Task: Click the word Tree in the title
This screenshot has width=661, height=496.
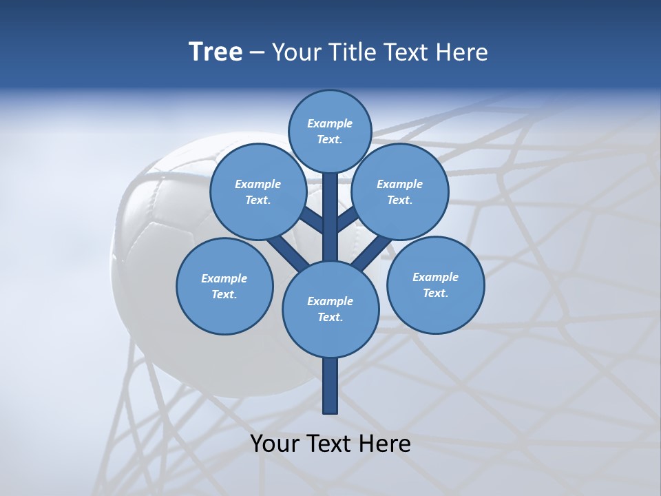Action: tap(216, 52)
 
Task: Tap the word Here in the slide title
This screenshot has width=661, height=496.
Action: tap(463, 52)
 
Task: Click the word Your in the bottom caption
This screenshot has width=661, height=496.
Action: tap(275, 444)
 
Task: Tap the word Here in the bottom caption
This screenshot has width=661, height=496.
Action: tap(386, 444)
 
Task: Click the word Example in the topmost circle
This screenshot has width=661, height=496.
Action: tap(330, 124)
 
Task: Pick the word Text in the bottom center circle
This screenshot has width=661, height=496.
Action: tap(330, 318)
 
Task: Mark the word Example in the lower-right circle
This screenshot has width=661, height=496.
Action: tap(435, 278)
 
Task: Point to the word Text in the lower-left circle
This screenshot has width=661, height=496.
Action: tap(224, 295)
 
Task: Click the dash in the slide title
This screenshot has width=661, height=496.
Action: tap(257, 53)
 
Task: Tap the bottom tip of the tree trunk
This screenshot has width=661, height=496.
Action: tap(330, 411)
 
